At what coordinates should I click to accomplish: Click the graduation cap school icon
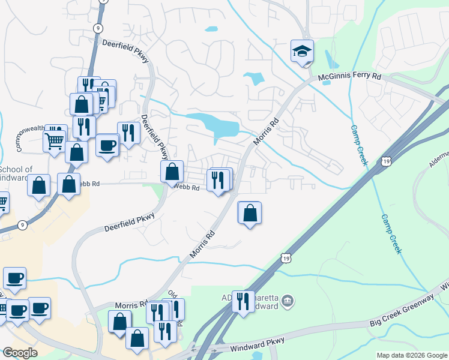click(x=302, y=51)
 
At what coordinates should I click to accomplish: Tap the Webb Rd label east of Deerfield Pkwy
click(x=187, y=187)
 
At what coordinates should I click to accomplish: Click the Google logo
click(x=20, y=353)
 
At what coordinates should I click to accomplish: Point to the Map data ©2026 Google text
click(x=411, y=355)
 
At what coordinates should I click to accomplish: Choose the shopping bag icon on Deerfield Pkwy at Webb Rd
click(x=172, y=172)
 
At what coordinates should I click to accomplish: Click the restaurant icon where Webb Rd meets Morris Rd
click(x=218, y=179)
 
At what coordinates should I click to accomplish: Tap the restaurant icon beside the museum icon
click(x=243, y=301)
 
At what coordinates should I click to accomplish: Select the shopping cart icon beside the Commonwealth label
click(x=54, y=142)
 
